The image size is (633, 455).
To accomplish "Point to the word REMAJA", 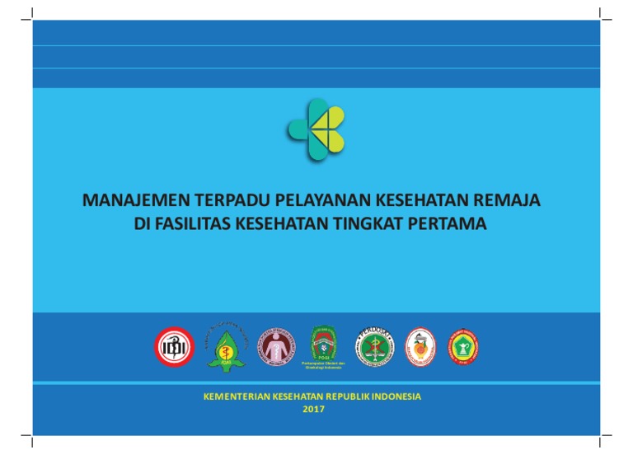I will point(514,201).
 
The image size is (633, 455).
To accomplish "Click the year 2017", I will point(313,409).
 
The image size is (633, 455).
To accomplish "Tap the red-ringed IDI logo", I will point(176,346).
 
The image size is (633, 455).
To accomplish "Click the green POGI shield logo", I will point(323,343).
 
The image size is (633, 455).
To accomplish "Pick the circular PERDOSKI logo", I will point(375,346).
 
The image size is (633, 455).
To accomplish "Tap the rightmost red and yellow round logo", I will point(463,346).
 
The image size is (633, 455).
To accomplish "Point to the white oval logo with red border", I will point(420,346).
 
